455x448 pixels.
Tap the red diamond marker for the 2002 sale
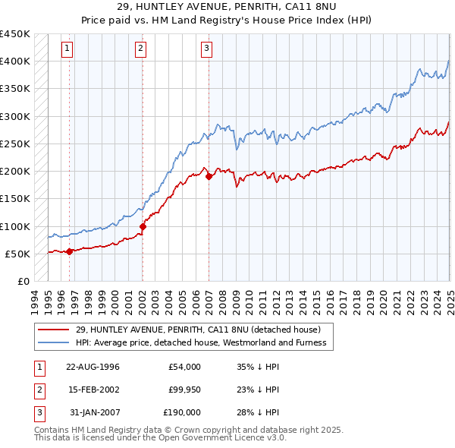click(x=143, y=226)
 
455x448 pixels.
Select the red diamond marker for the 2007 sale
click(x=209, y=176)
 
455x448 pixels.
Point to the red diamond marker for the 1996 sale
click(x=69, y=251)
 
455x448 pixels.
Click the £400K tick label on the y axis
click(x=14, y=62)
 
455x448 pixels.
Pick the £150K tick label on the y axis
click(x=14, y=199)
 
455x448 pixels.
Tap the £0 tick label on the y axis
click(x=23, y=282)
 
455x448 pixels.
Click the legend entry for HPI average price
click(x=200, y=342)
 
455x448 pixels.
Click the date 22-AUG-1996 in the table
click(x=93, y=367)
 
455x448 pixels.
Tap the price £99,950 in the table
click(x=184, y=390)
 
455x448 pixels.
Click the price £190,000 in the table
click(x=182, y=412)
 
